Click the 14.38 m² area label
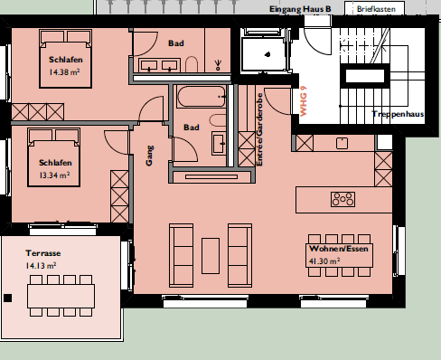point(64,72)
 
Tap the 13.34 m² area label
point(54,175)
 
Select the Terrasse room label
point(43,253)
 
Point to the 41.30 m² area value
point(324,261)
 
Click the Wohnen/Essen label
point(339,249)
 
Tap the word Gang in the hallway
point(149,156)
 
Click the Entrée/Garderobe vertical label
point(259,129)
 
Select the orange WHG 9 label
point(304,101)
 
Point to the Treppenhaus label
point(398,114)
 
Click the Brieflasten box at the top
point(374,9)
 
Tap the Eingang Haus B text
point(300,9)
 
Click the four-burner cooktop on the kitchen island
point(342,199)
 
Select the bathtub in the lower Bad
point(202,97)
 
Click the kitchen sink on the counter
point(342,144)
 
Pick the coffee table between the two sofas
point(211,256)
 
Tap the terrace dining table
point(61,296)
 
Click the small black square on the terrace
point(8,298)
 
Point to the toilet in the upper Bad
point(192,64)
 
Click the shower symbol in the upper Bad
point(218,65)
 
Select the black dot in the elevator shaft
point(267,54)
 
